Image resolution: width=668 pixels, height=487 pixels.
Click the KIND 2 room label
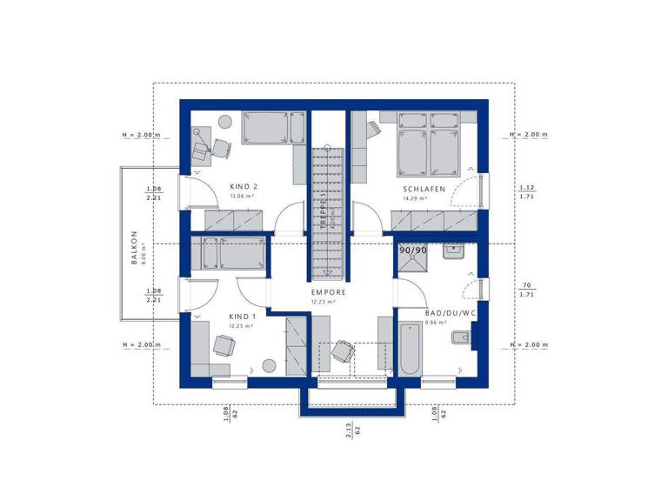[x=244, y=186]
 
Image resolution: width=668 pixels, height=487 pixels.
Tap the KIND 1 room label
[x=243, y=317]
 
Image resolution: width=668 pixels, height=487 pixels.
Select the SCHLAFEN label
[x=424, y=189]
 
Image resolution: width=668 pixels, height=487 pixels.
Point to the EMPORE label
[x=329, y=292]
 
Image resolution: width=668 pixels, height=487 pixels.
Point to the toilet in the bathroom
[x=461, y=338]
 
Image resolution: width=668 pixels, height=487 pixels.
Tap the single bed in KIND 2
[x=273, y=130]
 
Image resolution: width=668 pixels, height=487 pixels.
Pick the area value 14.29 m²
[x=415, y=198]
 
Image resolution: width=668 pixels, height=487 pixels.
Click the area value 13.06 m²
[x=240, y=197]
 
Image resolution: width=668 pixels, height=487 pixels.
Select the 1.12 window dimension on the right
[x=525, y=188]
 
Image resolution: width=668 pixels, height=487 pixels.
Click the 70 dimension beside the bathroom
[x=526, y=284]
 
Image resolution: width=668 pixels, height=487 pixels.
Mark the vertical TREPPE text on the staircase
[x=320, y=210]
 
